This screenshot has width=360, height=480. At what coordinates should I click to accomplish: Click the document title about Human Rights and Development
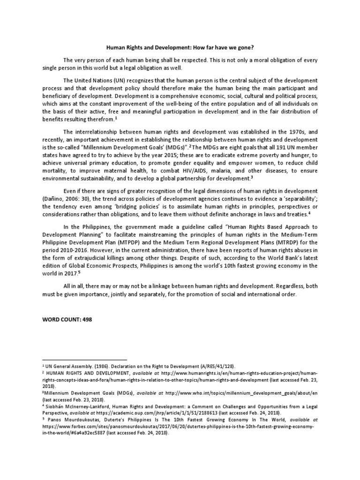[180, 47]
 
